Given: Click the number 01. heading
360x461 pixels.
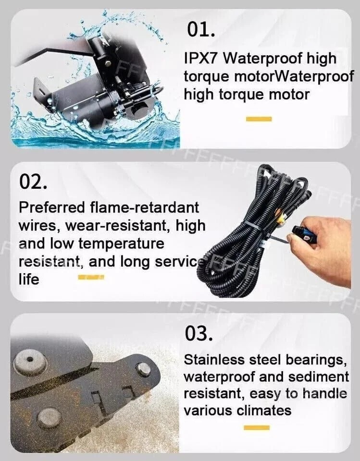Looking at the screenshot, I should [200, 30].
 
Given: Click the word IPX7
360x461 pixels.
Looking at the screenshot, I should [202, 59].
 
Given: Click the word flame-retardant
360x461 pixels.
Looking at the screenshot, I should [145, 207].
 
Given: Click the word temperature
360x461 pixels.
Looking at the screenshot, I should [121, 243].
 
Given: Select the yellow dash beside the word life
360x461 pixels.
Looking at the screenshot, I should [91, 277].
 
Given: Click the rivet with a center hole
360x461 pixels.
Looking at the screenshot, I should [30, 360].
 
